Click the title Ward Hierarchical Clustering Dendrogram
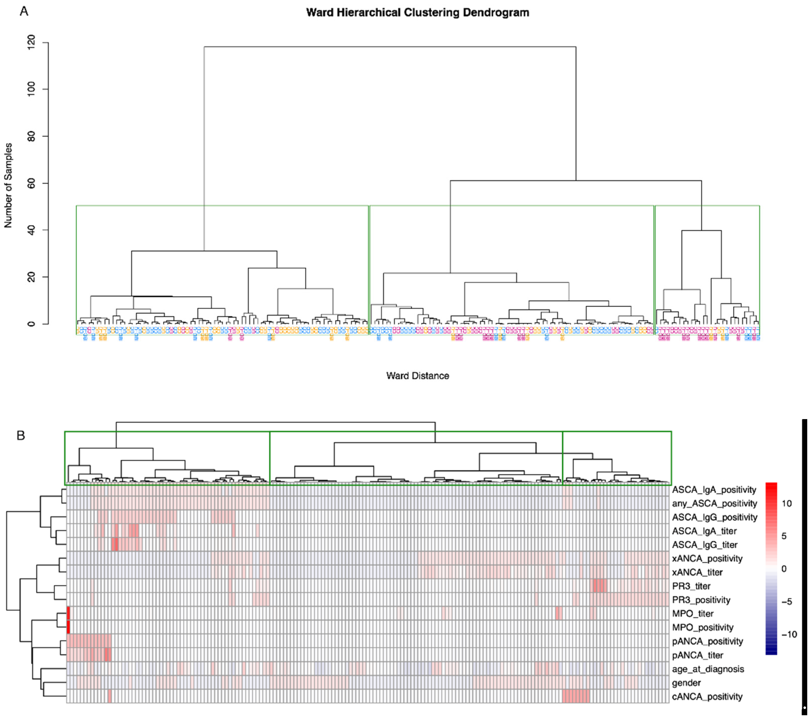tap(417, 13)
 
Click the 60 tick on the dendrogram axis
tap(31, 183)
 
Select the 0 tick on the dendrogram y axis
tap(31, 324)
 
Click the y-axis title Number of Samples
tap(8, 185)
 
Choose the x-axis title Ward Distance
tap(417, 376)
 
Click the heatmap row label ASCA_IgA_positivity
tap(714, 490)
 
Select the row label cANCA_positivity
tap(707, 697)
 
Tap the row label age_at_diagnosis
tap(707, 669)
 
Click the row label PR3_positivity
tap(701, 600)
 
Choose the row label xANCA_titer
tap(697, 573)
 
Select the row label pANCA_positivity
tap(707, 641)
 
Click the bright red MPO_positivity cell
tap(68, 627)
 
